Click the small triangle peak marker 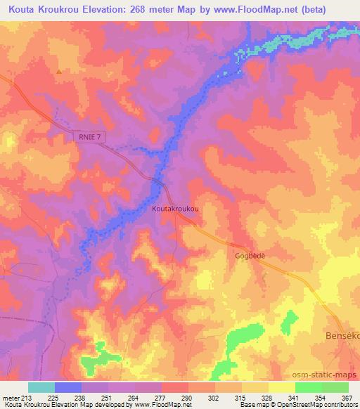[x=59, y=71]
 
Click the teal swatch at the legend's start [x=41, y=387]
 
